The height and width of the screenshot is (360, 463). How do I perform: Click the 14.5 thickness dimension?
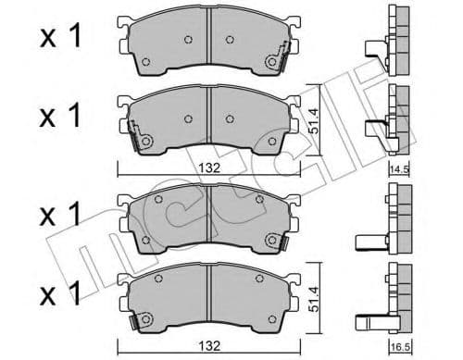(x=399, y=169)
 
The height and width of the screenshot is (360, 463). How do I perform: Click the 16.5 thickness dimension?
(x=400, y=347)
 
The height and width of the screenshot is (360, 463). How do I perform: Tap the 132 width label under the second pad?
(x=209, y=168)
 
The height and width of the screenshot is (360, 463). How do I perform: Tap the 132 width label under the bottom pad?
(x=209, y=346)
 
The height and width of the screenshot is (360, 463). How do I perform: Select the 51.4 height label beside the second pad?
(x=314, y=120)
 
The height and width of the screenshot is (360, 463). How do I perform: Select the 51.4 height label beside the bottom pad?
(x=314, y=298)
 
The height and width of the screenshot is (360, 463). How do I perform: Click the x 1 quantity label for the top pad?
(x=60, y=36)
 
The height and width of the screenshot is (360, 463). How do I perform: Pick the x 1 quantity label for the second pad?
(x=60, y=116)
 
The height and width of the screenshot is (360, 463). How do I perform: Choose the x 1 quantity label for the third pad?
(x=60, y=214)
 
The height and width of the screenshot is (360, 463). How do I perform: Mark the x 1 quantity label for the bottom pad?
(x=60, y=293)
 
